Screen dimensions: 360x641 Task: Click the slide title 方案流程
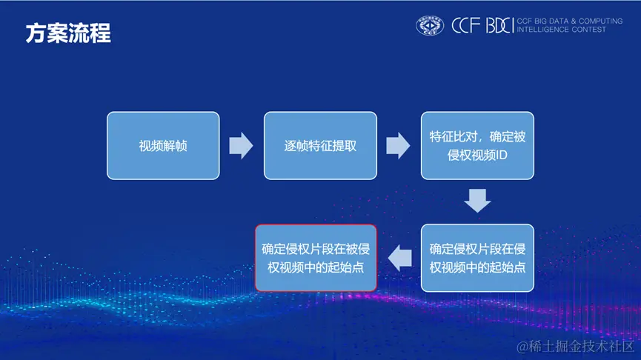pos(68,34)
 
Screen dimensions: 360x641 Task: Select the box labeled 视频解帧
pos(163,146)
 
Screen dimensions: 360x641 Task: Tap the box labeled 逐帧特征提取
pos(320,146)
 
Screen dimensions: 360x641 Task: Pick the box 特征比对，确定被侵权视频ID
pos(477,146)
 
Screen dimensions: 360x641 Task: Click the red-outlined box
pos(316,258)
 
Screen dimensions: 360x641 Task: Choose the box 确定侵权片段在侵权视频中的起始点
pos(477,258)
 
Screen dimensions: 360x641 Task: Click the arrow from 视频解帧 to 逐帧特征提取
pos(241,146)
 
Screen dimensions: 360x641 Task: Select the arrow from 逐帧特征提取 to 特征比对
pos(398,146)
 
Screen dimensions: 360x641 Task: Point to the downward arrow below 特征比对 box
pos(477,201)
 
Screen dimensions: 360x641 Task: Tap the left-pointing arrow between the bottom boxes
pos(401,258)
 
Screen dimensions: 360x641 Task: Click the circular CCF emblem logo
pos(430,26)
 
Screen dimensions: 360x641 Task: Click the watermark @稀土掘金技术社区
pos(577,347)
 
